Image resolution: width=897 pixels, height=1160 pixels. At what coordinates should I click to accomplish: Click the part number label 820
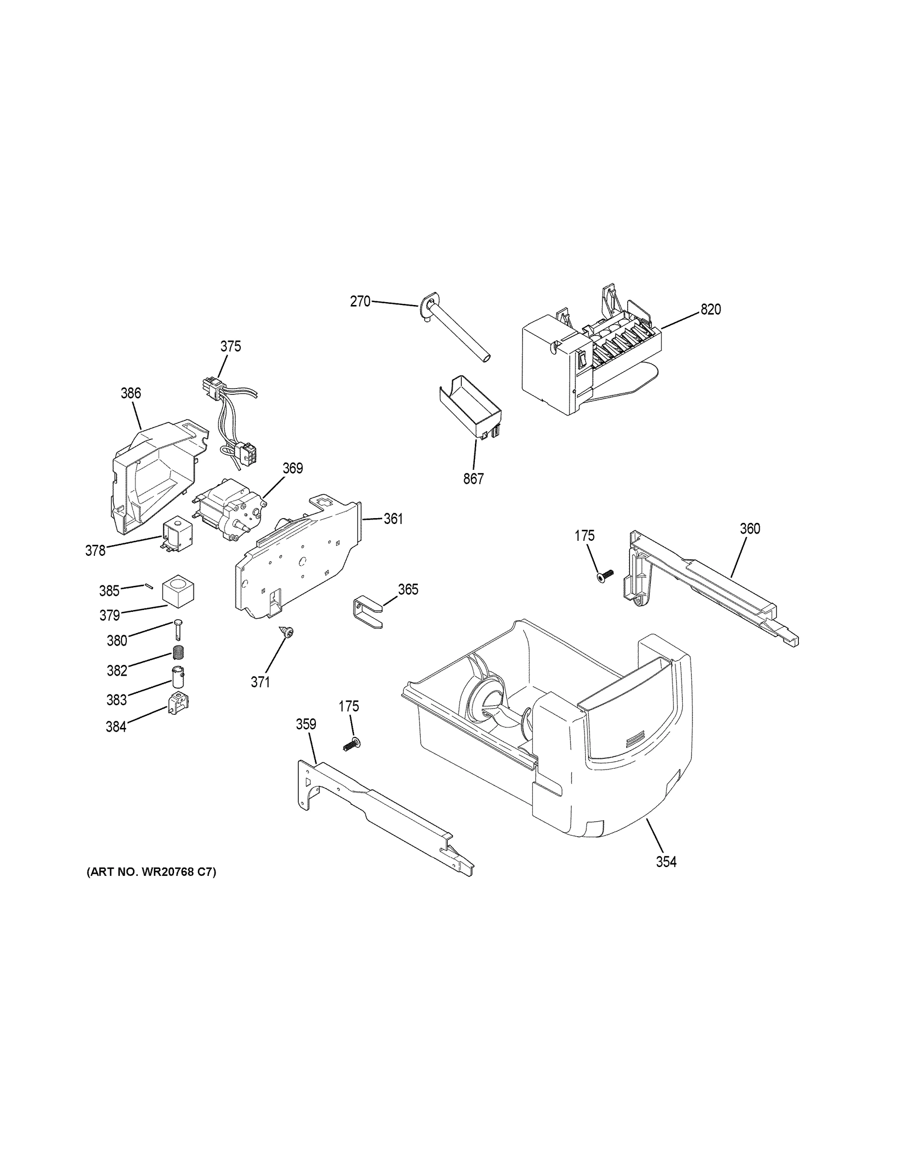coord(710,310)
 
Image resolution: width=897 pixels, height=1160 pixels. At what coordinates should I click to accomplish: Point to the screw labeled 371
coord(288,632)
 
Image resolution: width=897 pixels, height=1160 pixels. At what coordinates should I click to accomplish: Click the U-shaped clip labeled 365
coord(367,613)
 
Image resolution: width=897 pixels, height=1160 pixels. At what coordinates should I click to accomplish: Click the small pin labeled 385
coord(148,585)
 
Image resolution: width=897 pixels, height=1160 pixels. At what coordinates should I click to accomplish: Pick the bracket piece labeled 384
coord(179,704)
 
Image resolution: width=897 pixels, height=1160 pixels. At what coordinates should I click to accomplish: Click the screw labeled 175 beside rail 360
coord(605,575)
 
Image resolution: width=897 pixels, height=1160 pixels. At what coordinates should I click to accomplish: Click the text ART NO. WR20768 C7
coord(151,872)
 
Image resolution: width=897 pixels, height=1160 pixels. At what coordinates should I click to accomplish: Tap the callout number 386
coord(131,393)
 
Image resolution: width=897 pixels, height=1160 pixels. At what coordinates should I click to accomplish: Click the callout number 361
coord(393,519)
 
